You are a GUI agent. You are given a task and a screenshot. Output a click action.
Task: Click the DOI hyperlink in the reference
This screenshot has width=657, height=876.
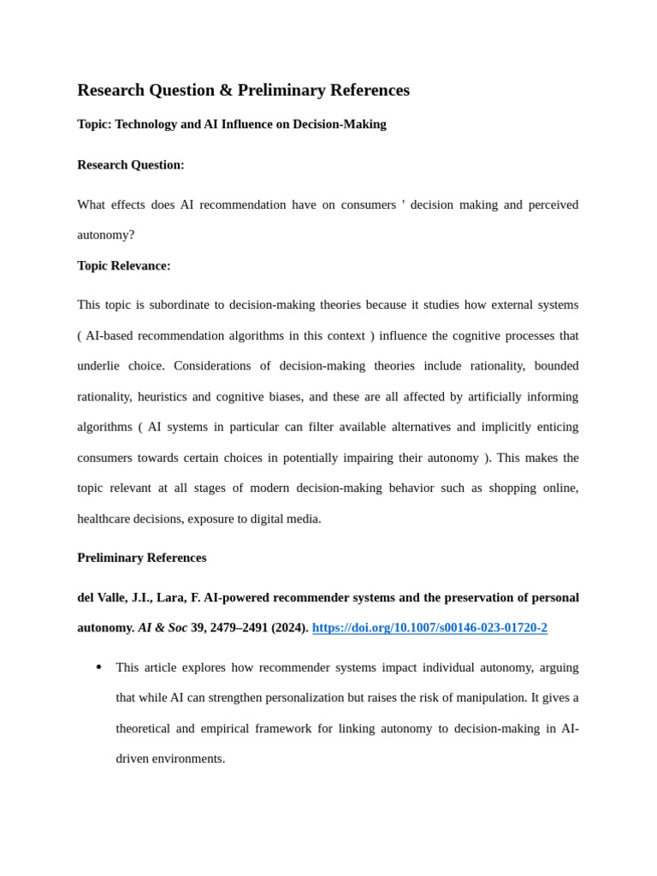[429, 628]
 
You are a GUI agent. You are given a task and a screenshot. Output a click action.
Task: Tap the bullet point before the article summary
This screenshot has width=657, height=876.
[99, 667]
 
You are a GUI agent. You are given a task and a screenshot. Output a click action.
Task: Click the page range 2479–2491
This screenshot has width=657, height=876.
[239, 628]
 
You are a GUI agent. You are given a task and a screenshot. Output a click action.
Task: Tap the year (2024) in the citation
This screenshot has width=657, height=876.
[290, 628]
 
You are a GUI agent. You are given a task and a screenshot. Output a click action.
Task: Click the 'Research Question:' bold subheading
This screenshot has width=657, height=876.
[131, 165]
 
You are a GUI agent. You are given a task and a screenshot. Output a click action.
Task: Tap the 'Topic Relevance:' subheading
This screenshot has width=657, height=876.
[124, 266]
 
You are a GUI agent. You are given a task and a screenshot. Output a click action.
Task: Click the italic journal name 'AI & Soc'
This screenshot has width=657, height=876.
[163, 628]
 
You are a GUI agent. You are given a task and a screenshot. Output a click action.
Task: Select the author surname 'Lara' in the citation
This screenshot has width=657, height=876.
[170, 597]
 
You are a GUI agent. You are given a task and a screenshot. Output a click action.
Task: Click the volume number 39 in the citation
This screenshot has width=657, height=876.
[198, 628]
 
